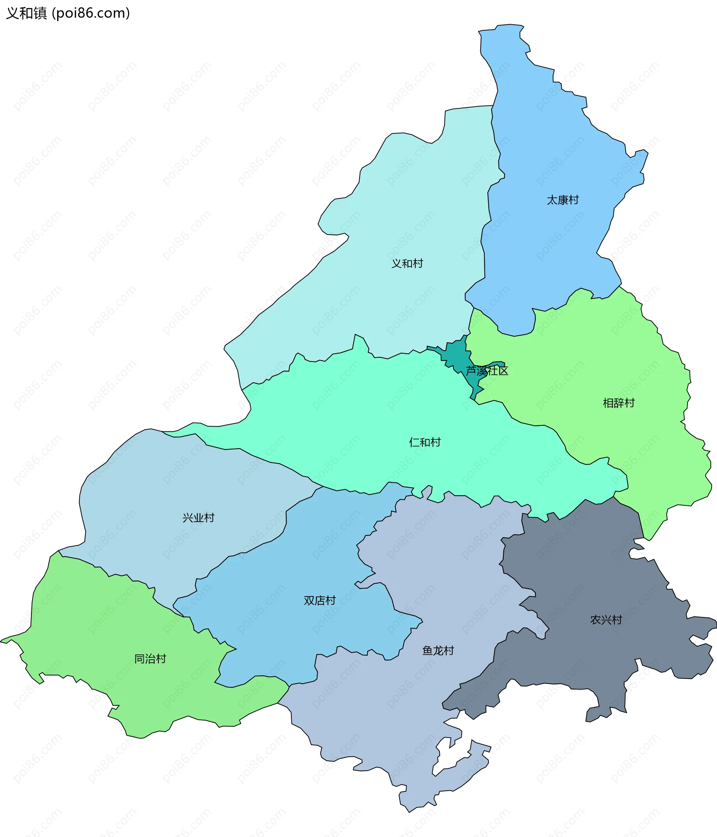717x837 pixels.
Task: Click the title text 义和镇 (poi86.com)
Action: tap(68, 13)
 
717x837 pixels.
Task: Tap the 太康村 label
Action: tap(562, 200)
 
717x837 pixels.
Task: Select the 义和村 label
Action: tap(407, 263)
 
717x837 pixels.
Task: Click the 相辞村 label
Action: tap(618, 403)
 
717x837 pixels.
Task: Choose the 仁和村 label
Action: tap(425, 442)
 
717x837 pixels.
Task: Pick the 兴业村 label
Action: tap(198, 518)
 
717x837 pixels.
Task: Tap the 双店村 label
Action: tap(320, 601)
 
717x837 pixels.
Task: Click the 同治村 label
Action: tap(150, 659)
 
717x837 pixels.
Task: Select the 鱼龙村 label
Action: tap(438, 650)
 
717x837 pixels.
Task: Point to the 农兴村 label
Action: tap(606, 620)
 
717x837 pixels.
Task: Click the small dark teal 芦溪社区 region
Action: tap(456, 353)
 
